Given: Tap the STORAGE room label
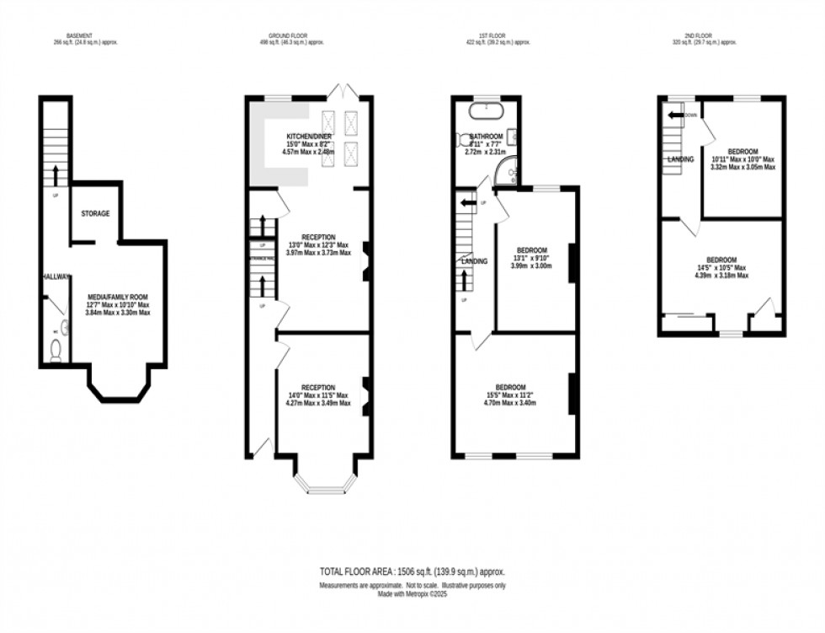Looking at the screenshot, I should pos(95,214).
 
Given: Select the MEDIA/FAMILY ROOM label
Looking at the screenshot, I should pos(118,297).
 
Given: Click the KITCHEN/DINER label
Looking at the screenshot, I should pos(309,137).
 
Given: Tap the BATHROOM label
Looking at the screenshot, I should pos(486,137).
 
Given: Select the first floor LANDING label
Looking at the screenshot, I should pos(474,262).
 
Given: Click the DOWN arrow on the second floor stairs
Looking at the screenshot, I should pos(675,115).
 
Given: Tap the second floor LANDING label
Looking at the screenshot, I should pos(680,158).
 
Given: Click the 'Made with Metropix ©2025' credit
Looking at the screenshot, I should pos(412,593).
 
